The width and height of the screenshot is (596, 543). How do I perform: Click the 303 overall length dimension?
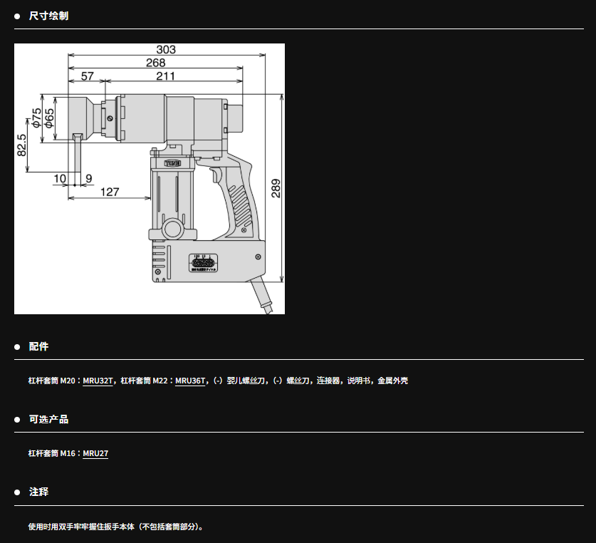pyautogui.click(x=166, y=50)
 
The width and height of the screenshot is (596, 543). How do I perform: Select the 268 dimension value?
pyautogui.click(x=155, y=63)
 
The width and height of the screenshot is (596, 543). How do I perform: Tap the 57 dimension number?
pyautogui.click(x=87, y=76)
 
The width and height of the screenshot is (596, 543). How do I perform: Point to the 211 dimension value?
pyautogui.click(x=166, y=76)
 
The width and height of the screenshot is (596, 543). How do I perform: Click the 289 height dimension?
pyautogui.click(x=276, y=187)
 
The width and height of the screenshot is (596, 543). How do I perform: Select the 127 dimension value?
pyautogui.click(x=110, y=192)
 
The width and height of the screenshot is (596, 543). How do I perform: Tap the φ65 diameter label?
pyautogui.click(x=49, y=118)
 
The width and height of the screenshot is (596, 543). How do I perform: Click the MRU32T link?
pyautogui.click(x=98, y=381)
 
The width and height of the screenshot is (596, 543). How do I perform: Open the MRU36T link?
pyautogui.click(x=190, y=381)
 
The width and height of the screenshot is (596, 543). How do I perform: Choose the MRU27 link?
pyautogui.click(x=95, y=454)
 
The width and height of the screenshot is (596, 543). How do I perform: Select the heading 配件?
pyautogui.click(x=38, y=346)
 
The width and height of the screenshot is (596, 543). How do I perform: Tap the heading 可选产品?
pyautogui.click(x=48, y=419)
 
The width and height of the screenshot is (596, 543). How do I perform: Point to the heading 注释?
pyautogui.click(x=38, y=492)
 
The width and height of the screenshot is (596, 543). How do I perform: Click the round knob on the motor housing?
pyautogui.click(x=172, y=230)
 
